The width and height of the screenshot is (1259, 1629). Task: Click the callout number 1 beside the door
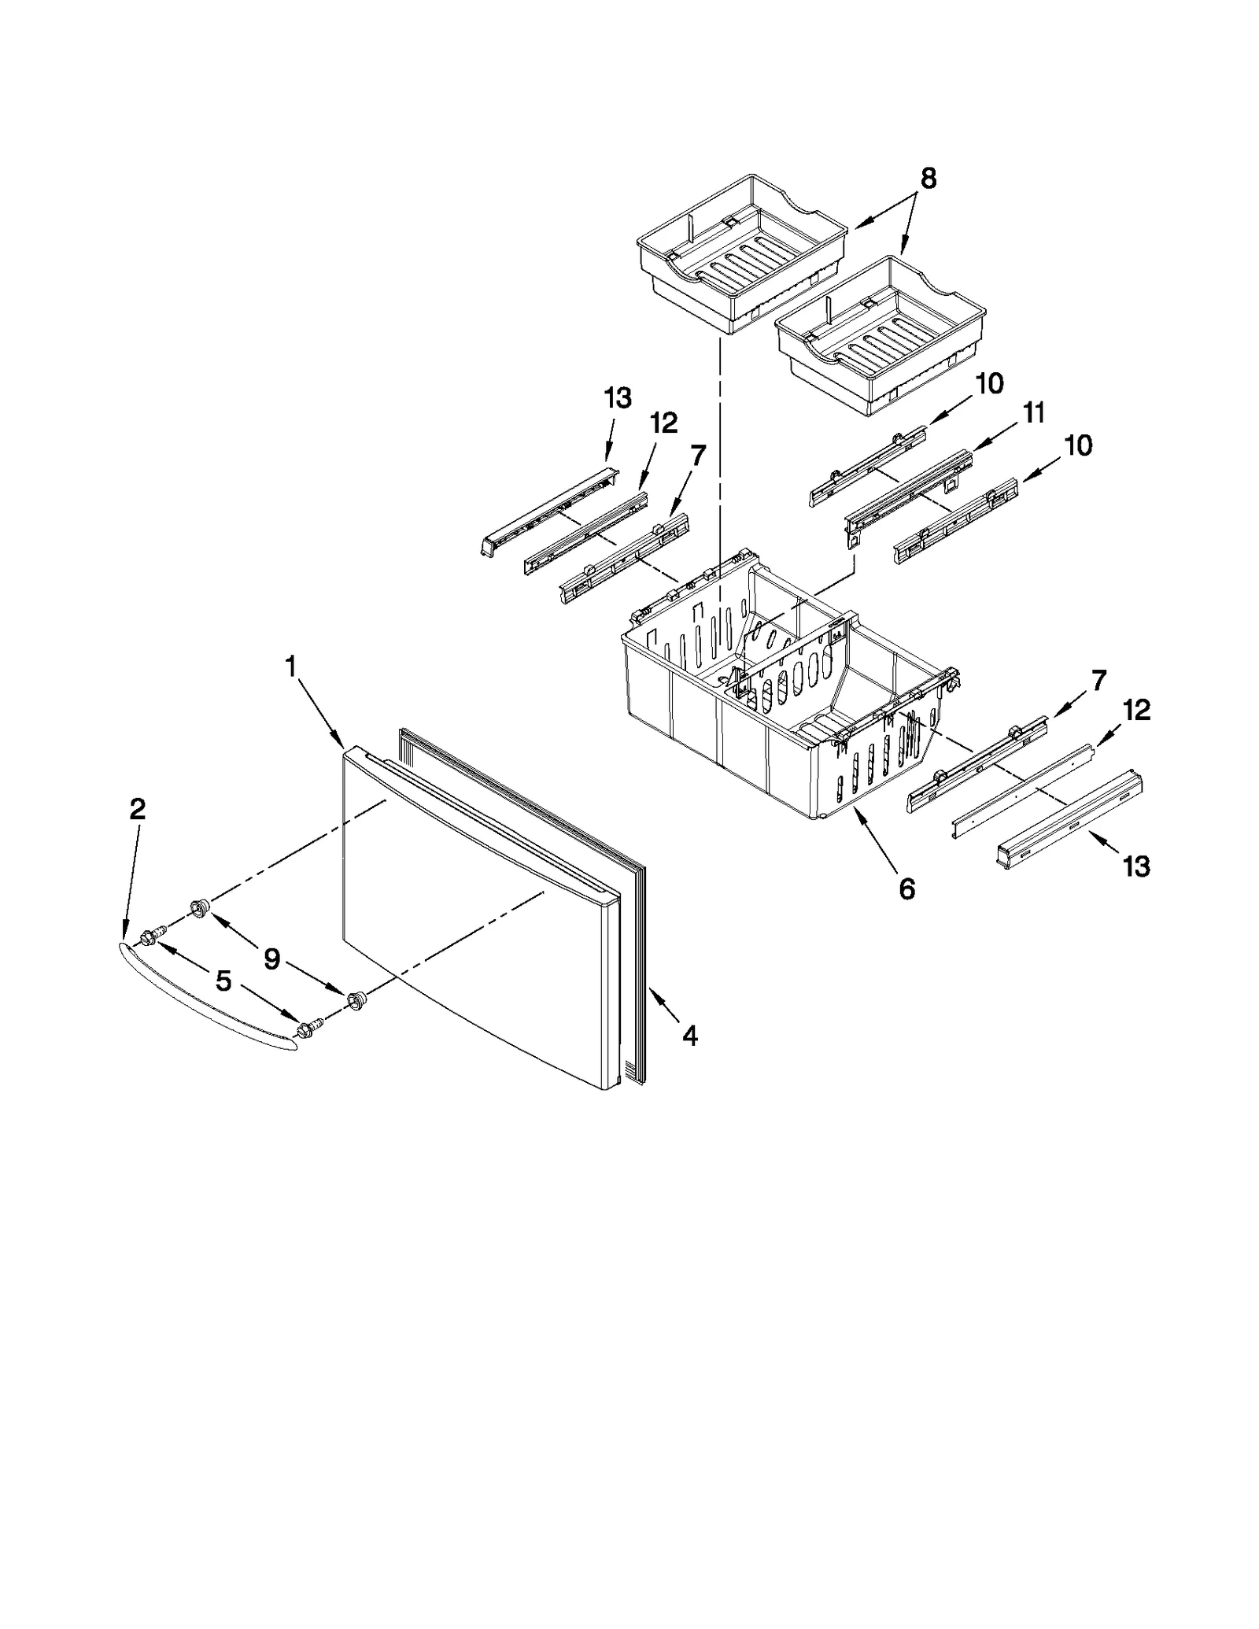tap(290, 667)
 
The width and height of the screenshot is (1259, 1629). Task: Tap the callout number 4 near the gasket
tap(689, 1036)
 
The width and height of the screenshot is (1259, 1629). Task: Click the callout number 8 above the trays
tap(929, 179)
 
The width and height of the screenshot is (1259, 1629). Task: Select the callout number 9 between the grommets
tap(271, 959)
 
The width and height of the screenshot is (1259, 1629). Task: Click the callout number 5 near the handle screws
tap(223, 981)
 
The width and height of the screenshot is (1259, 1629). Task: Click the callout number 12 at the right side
tap(1136, 710)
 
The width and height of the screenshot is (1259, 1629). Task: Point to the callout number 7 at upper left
tap(697, 454)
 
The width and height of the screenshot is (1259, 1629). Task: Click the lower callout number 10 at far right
tap(1077, 445)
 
